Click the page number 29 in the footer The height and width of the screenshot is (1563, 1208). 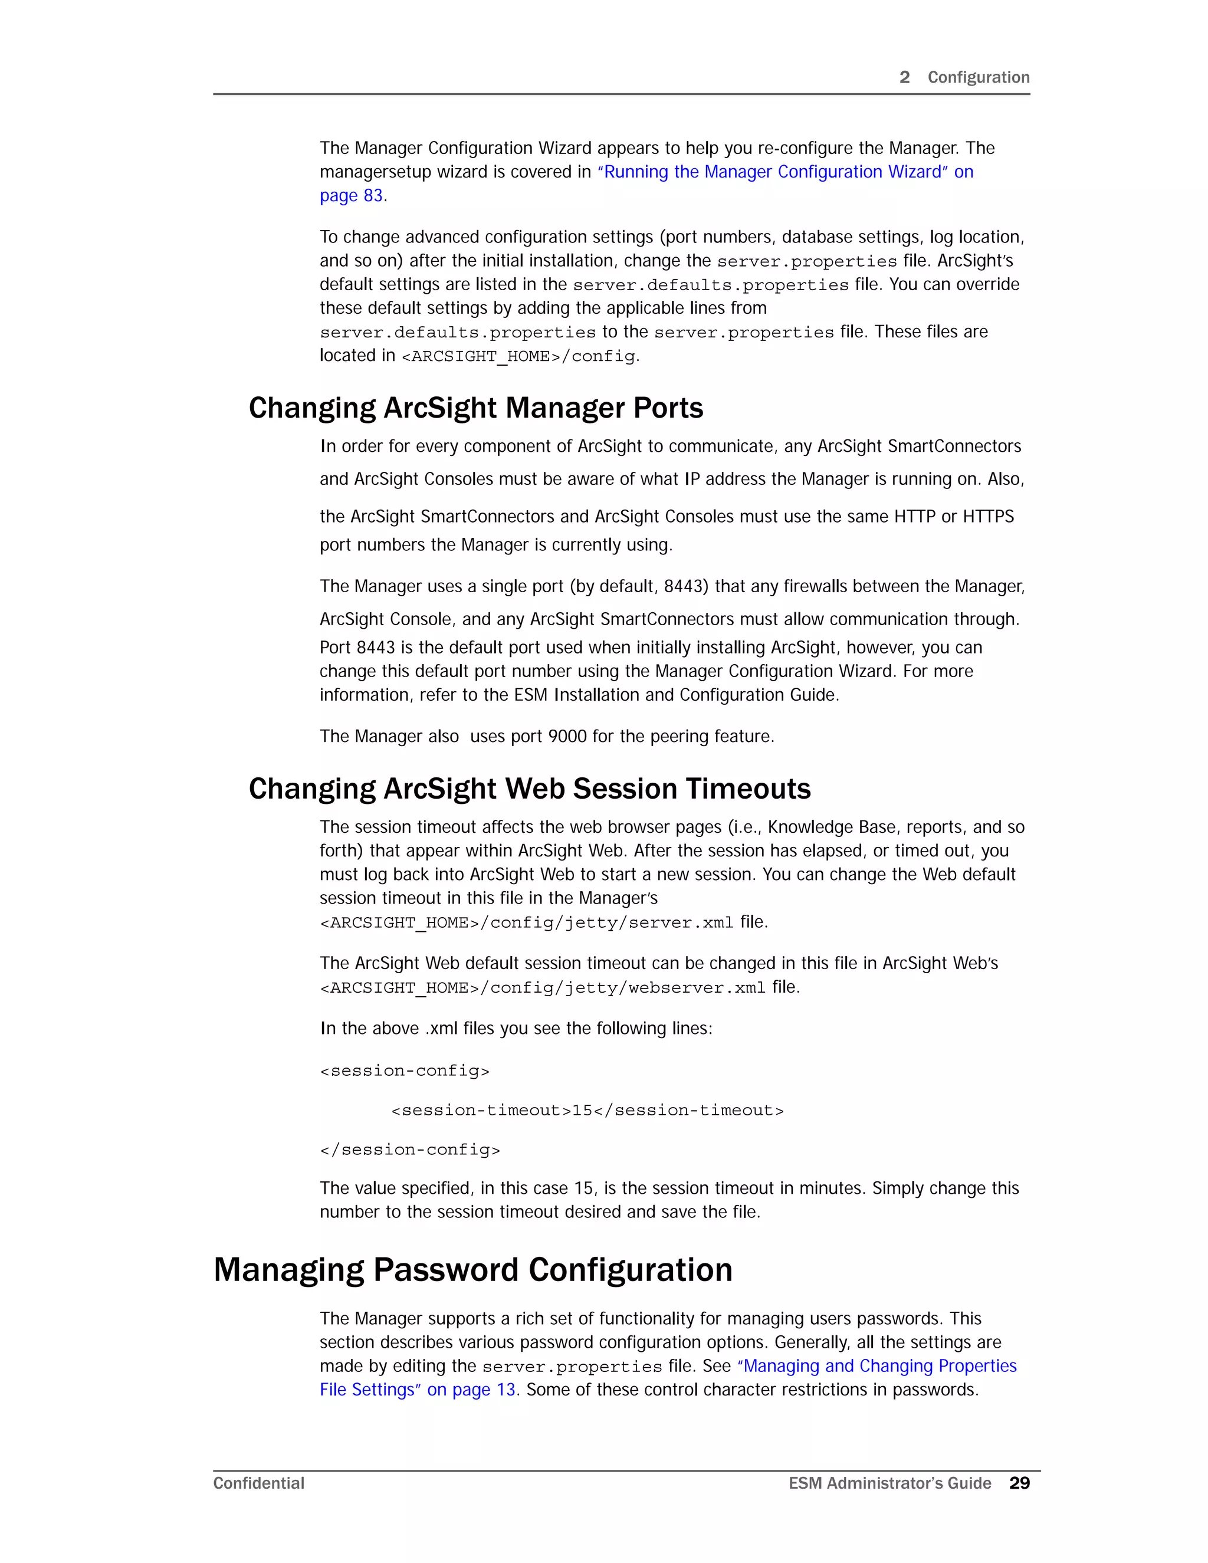(x=1019, y=1483)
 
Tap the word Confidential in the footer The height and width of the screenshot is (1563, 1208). (x=258, y=1483)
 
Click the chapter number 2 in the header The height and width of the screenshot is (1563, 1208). (x=905, y=77)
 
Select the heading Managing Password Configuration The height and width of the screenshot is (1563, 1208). (x=473, y=1271)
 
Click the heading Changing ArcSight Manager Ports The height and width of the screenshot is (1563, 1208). (x=476, y=409)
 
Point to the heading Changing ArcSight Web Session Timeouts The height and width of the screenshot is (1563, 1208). (x=530, y=789)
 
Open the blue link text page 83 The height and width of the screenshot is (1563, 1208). (x=351, y=196)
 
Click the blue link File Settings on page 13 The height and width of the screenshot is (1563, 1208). (x=417, y=1390)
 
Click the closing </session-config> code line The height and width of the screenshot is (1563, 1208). (x=409, y=1150)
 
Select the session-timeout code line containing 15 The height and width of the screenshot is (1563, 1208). (x=587, y=1111)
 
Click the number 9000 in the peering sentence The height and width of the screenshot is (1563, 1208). (x=567, y=737)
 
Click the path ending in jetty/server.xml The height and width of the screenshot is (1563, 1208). (x=526, y=923)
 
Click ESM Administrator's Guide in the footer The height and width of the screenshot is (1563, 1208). (x=889, y=1483)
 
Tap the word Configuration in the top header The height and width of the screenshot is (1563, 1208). (x=979, y=77)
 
